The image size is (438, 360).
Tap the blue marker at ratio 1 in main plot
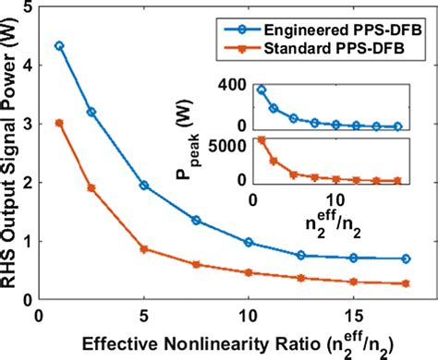(x=59, y=45)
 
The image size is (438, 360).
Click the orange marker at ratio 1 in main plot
(x=59, y=122)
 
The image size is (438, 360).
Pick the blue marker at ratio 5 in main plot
(x=143, y=185)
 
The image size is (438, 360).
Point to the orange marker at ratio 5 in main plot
(x=143, y=249)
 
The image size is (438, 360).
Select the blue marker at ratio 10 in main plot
(x=249, y=242)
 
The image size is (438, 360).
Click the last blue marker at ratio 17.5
(x=408, y=258)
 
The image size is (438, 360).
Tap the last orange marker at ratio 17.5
(x=408, y=283)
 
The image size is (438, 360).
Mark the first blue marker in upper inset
(x=262, y=90)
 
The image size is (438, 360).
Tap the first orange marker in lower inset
(x=262, y=140)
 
